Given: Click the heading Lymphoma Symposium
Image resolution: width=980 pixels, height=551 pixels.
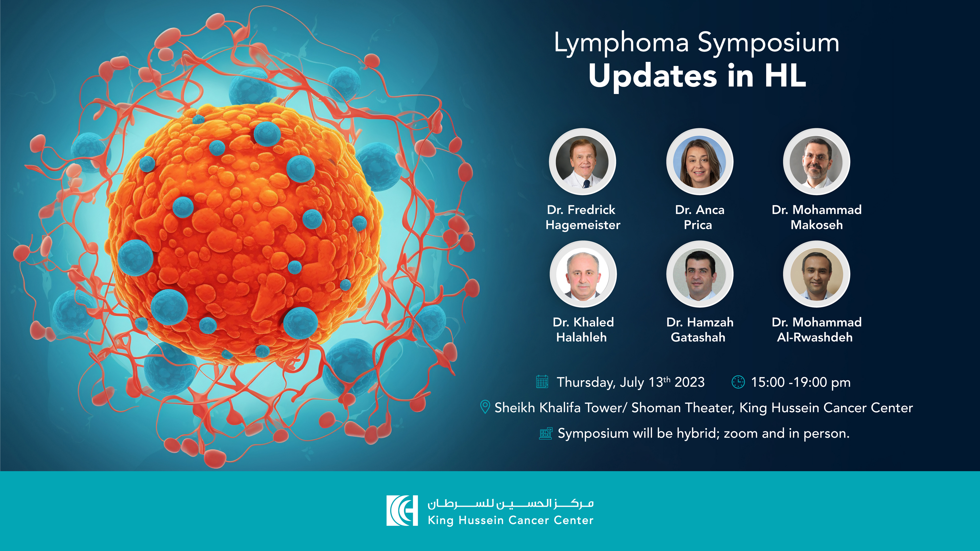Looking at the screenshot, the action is [696, 43].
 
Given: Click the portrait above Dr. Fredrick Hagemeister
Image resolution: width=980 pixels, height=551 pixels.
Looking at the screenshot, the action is [582, 162].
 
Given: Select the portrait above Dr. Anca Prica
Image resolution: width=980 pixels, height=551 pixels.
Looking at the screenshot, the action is [700, 162].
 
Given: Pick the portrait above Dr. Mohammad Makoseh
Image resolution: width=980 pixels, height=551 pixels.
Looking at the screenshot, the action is [816, 162].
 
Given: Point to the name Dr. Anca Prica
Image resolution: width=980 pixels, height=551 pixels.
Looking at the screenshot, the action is [699, 217].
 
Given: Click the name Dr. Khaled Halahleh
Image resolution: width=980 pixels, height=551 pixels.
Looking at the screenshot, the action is [583, 330].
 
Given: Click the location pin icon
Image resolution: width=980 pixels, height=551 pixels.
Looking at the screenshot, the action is [485, 407].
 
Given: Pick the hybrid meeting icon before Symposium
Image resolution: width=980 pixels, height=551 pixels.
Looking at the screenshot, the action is [546, 433].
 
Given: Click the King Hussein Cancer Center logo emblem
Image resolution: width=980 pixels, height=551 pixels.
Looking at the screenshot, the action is [402, 510].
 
